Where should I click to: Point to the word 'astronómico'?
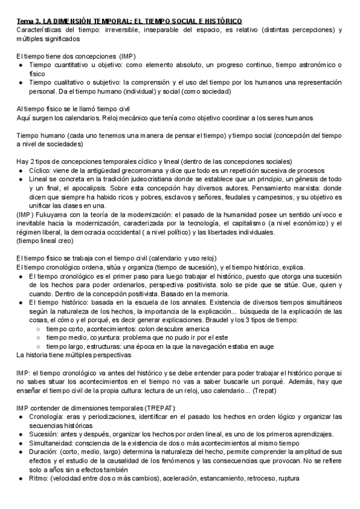(x=313, y=64)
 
